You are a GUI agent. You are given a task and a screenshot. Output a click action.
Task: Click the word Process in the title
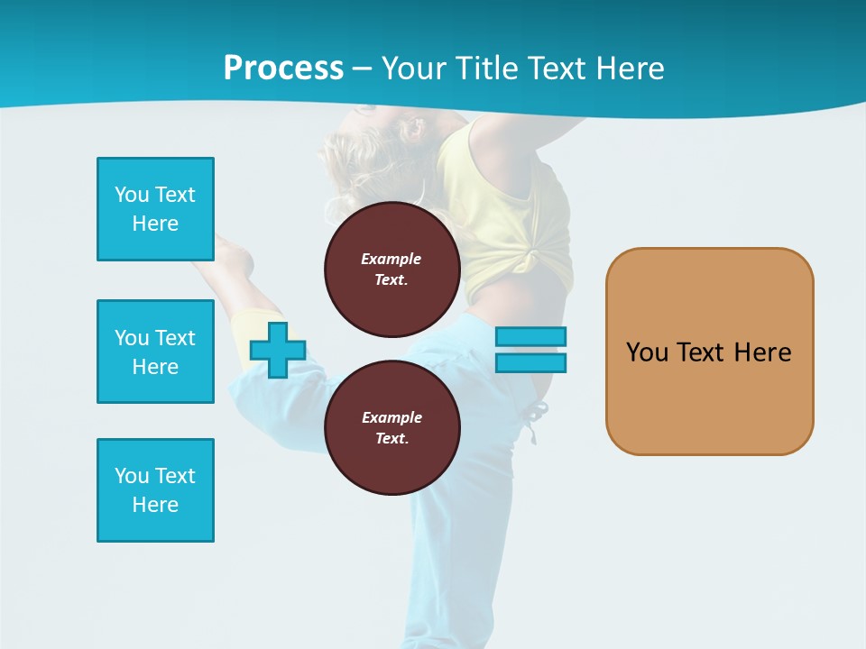[283, 69]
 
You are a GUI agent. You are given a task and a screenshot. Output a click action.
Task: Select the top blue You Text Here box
[155, 209]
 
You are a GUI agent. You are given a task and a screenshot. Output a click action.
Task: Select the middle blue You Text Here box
[155, 352]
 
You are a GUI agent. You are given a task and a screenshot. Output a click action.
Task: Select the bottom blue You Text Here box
[155, 490]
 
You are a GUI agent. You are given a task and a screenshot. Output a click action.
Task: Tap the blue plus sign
[278, 350]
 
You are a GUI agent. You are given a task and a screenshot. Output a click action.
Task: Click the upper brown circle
[392, 270]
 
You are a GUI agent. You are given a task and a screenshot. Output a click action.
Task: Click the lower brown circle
[392, 428]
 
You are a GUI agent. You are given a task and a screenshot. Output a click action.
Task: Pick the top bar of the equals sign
[530, 337]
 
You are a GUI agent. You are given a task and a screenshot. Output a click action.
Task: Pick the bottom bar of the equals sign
[530, 362]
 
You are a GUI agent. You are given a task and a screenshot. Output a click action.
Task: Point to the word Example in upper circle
[391, 259]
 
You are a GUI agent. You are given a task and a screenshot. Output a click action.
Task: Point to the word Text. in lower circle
[392, 439]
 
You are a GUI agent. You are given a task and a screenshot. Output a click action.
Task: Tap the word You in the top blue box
[132, 195]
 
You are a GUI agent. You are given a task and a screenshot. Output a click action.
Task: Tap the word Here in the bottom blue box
[155, 505]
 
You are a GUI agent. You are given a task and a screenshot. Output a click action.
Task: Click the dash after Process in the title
[362, 69]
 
